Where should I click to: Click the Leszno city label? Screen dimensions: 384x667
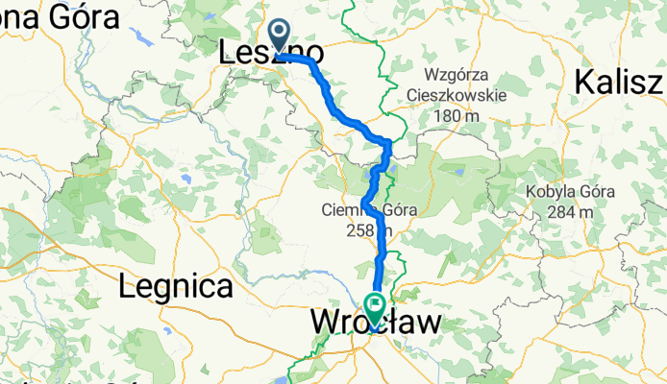270,54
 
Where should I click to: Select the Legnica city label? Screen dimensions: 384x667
176,286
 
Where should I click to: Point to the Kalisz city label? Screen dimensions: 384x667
620,83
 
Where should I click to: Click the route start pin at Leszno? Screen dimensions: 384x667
280,36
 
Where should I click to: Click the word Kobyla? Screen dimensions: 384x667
544,191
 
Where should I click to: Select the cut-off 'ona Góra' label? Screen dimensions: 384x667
60,16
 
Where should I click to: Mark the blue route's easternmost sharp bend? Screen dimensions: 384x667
388,143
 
